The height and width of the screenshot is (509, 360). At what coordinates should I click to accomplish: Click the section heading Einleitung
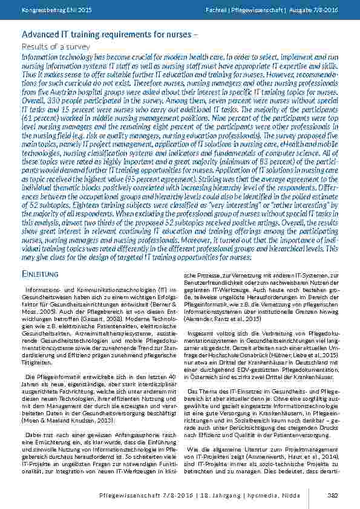click(x=40, y=275)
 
